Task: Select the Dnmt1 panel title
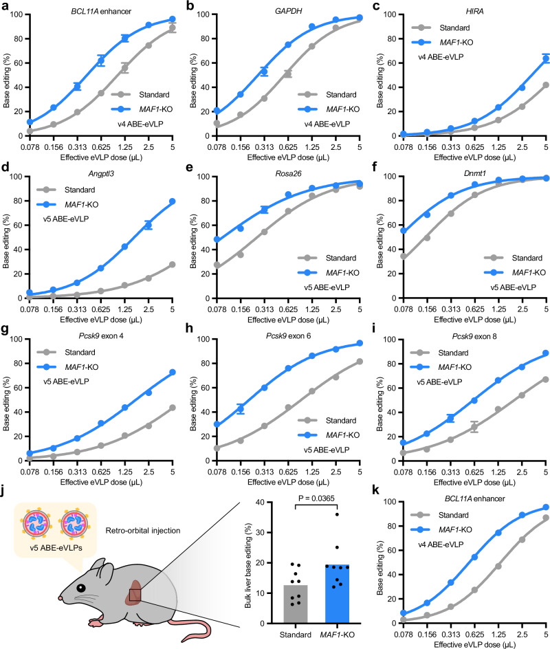click(474, 173)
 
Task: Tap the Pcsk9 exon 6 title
click(288, 335)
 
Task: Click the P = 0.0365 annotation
click(316, 498)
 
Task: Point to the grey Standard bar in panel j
click(296, 604)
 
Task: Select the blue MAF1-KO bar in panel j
click(338, 594)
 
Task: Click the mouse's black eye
click(80, 588)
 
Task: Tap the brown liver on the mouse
click(135, 593)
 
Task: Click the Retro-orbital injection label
click(143, 531)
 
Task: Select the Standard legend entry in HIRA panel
click(441, 27)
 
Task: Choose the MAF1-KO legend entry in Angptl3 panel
click(67, 204)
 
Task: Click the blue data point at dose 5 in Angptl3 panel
click(172, 201)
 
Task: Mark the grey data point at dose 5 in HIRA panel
click(546, 85)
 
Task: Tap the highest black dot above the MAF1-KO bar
click(338, 514)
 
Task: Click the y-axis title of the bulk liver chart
click(248, 565)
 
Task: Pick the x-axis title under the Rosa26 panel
click(288, 320)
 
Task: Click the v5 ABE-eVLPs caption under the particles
click(56, 548)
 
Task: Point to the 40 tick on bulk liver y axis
click(260, 502)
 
